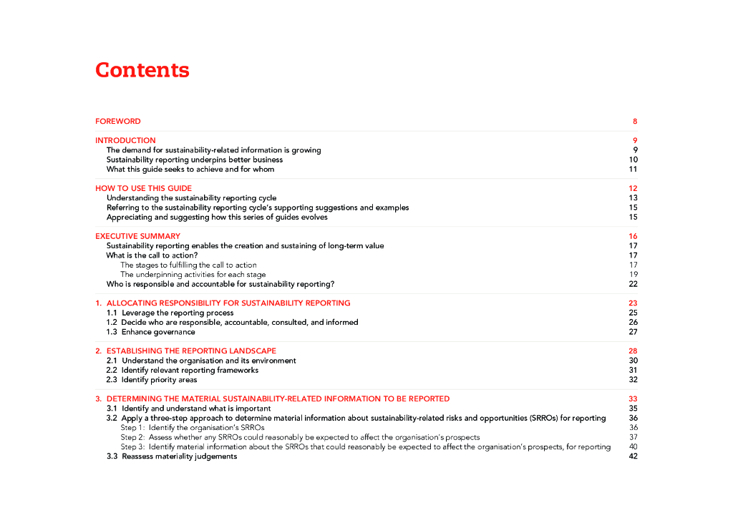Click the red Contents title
pos(142,70)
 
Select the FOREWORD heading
pos(118,122)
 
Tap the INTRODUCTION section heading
pos(125,140)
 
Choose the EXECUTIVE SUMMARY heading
pos(137,236)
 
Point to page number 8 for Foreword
pos(634,122)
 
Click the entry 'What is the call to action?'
pos(152,255)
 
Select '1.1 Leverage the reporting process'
pos(170,313)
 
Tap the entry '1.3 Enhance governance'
pos(151,332)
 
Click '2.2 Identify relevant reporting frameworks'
pos(183,371)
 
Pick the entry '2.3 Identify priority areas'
pos(152,380)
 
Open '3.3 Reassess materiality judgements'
pos(172,456)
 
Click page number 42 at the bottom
pos(633,456)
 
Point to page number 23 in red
pos(633,303)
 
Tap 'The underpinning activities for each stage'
pos(193,275)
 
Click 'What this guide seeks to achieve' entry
pos(190,170)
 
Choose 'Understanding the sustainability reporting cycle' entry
pos(191,198)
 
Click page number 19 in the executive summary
pos(633,275)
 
